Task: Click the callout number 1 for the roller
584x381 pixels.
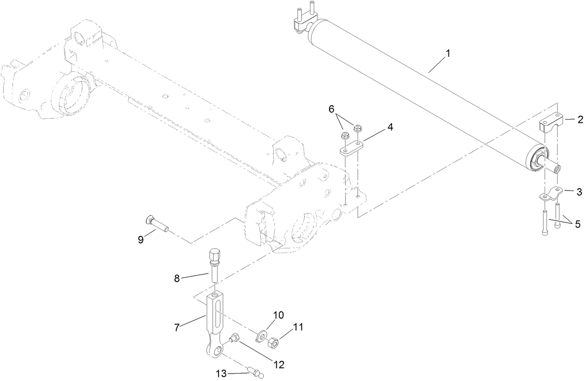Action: (x=448, y=54)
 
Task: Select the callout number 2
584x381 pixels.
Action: (x=579, y=120)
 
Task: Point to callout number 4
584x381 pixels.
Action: (x=390, y=127)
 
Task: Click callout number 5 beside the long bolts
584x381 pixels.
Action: (x=577, y=223)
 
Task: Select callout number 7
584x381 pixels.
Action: (x=177, y=328)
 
